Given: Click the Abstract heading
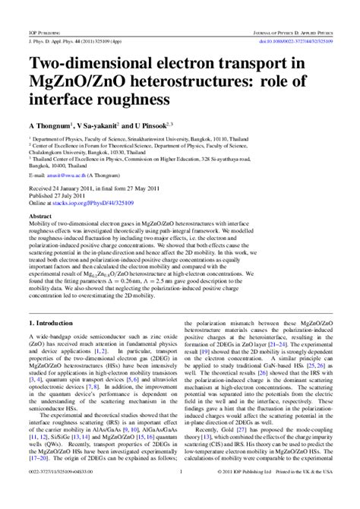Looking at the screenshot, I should (40, 216).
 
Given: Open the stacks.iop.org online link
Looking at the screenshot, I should (96, 201).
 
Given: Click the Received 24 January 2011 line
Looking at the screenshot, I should (90, 186).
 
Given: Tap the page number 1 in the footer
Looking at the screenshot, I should (180, 494).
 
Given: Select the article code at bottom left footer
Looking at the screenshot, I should (62, 494).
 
